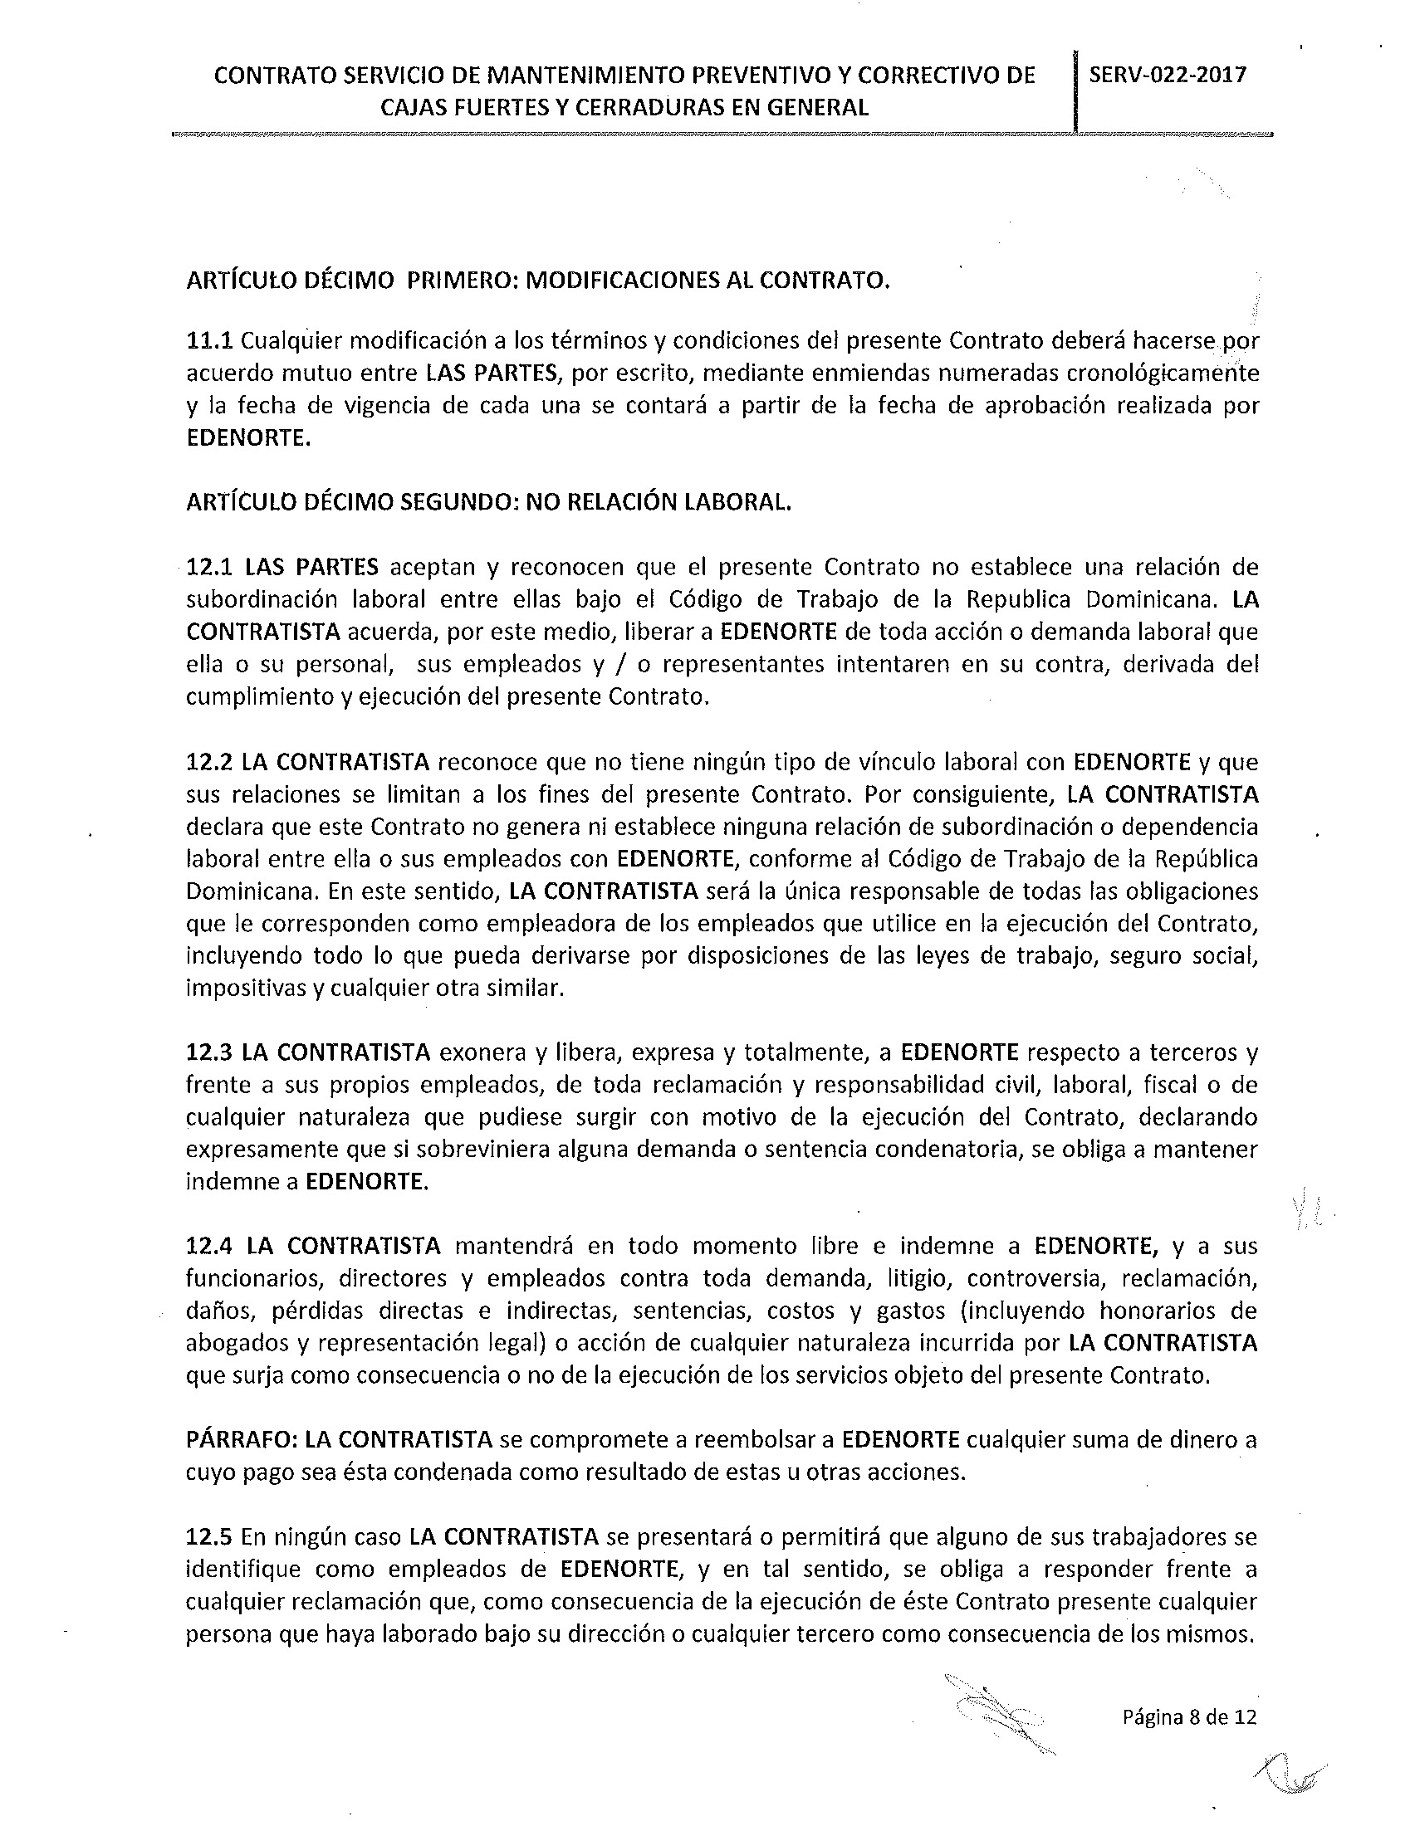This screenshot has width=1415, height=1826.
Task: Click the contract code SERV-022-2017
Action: pos(1168,75)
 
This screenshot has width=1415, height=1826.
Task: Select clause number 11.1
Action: pos(209,341)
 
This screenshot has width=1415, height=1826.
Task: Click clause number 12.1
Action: pos(209,568)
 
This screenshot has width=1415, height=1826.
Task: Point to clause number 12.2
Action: pos(209,763)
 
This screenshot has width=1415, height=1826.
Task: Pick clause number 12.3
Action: pos(209,1052)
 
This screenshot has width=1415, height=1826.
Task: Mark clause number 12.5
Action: pos(209,1537)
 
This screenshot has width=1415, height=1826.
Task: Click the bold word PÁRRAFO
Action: pos(240,1440)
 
